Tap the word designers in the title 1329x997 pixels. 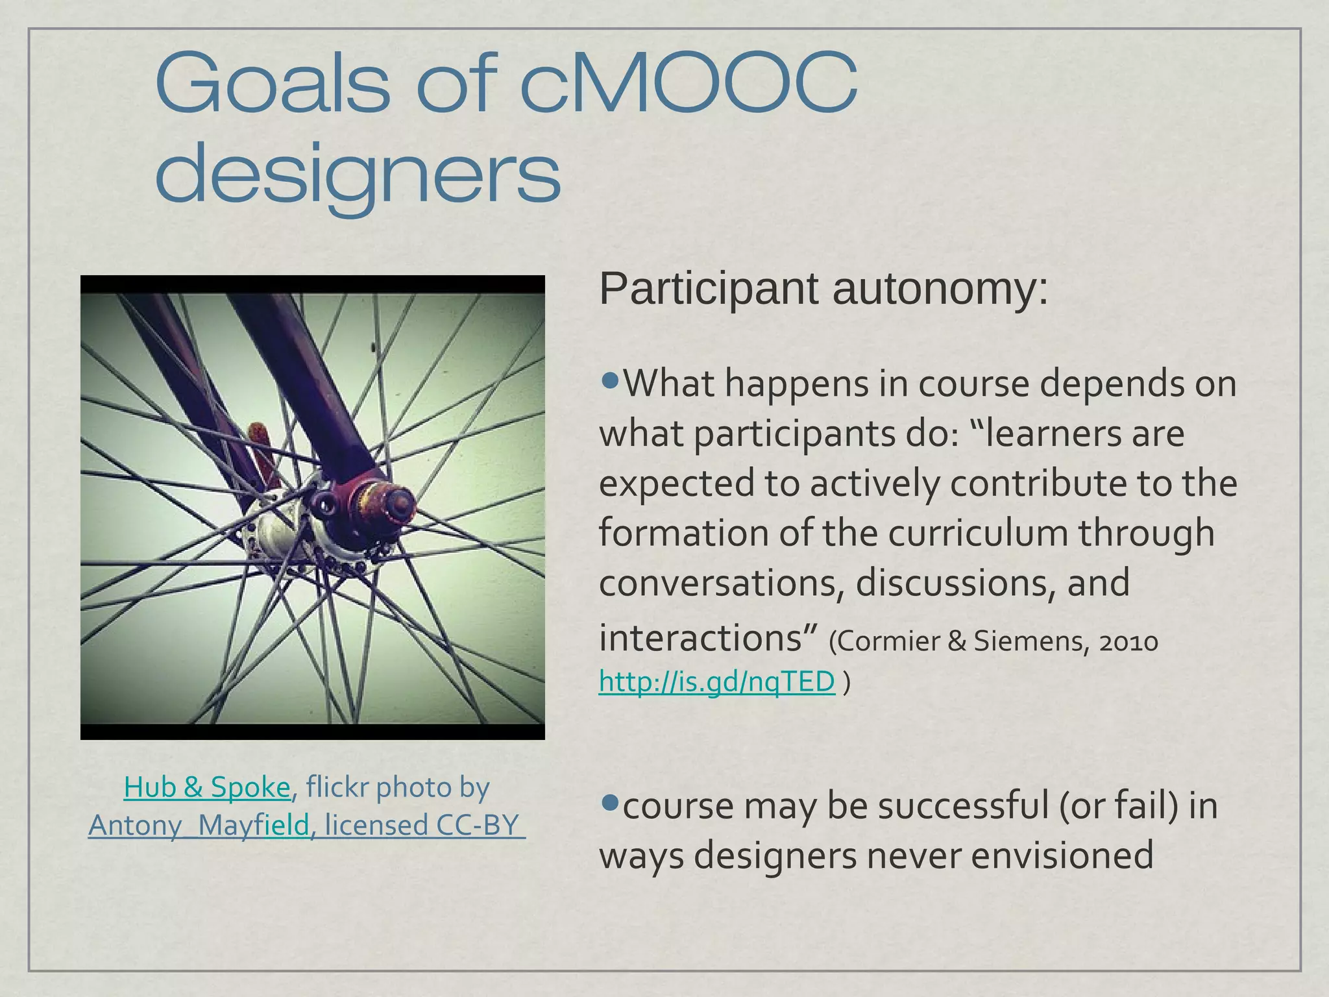358,174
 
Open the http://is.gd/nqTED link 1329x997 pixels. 716,682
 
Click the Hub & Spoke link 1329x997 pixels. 206,787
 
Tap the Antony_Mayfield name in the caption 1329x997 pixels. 199,826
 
